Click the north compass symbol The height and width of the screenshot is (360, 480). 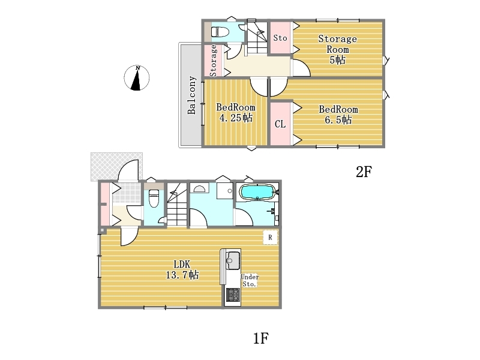137,78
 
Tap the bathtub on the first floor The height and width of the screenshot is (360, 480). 257,191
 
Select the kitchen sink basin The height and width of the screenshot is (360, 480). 233,260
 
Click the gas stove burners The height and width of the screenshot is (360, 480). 233,295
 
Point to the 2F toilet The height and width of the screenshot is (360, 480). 220,32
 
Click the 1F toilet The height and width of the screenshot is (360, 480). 154,198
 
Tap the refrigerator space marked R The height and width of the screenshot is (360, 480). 271,237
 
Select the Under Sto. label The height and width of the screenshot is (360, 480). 250,280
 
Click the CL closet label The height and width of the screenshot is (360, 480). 280,124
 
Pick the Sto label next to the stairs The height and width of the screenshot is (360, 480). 280,38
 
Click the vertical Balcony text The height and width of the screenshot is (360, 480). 191,95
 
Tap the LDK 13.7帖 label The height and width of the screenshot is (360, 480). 182,269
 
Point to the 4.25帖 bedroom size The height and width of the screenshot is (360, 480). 236,118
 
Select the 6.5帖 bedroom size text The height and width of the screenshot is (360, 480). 338,119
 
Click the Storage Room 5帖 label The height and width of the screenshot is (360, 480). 338,49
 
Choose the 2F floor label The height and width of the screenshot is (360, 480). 364,172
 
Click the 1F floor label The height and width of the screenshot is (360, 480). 261,338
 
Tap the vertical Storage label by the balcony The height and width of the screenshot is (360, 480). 214,61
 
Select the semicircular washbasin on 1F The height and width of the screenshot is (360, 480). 199,189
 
